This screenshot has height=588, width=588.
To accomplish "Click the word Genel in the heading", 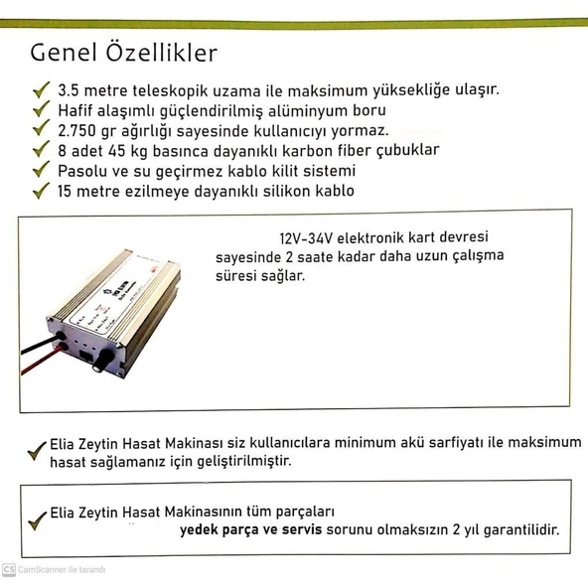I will (61, 53).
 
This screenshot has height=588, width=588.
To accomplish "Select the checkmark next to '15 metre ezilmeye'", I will (40, 191).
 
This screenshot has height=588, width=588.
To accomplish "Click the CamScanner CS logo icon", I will (9, 570).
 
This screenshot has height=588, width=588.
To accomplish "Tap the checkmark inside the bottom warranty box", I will (38, 518).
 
